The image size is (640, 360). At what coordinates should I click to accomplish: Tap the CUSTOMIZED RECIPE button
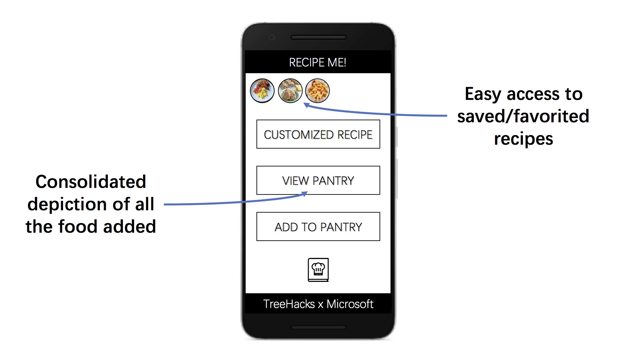pos(318,134)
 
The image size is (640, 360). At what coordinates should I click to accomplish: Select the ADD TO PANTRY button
pos(318,227)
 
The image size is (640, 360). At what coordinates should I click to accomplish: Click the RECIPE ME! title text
pos(317,62)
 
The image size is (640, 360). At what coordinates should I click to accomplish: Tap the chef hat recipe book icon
pos(318,270)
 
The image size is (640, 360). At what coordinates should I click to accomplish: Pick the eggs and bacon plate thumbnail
pos(262,91)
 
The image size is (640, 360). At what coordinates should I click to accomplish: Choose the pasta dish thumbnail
pos(317,91)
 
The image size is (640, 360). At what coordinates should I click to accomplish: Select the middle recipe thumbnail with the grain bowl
pos(290,91)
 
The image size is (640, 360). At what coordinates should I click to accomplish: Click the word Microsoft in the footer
pos(350,304)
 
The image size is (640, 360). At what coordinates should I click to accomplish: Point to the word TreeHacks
pos(289,304)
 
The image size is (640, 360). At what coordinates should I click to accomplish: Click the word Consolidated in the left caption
pos(91,182)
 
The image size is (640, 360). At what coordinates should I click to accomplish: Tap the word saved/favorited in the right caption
pos(523,116)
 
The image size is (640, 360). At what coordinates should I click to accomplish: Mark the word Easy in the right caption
pos(483,94)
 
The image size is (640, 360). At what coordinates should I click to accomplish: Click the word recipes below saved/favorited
pos(524,139)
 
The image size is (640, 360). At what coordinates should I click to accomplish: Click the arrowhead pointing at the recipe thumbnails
pos(306,105)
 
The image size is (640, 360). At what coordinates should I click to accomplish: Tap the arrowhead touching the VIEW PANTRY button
pos(304,194)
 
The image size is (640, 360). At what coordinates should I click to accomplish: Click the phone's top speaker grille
pos(318,37)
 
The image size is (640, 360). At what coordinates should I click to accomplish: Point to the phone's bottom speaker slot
pos(318,327)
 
